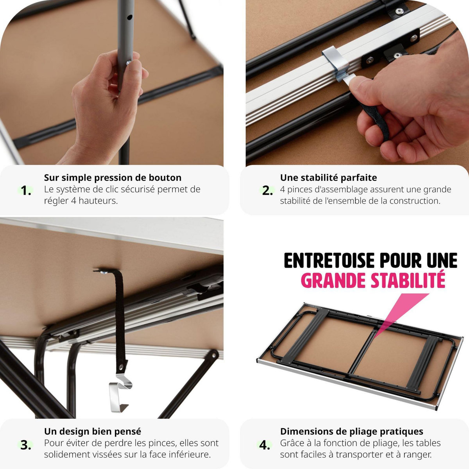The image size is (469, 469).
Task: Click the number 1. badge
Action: click(26, 191)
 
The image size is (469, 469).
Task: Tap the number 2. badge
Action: click(267, 191)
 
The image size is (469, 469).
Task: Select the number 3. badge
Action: click(26, 445)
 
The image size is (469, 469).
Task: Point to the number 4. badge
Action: click(265, 445)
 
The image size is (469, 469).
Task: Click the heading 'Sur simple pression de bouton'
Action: click(113, 178)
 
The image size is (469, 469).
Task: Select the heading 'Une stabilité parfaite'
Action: click(328, 178)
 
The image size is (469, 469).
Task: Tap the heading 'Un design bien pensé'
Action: click(93, 431)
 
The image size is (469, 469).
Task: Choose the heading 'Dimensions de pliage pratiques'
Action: click(351, 431)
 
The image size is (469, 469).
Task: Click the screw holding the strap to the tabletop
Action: click(104, 272)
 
